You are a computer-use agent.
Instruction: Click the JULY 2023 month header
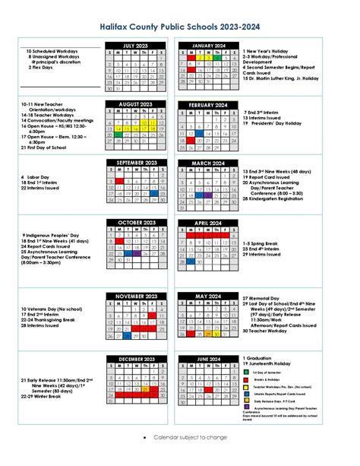(137, 46)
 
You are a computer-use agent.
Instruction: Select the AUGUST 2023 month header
(137, 104)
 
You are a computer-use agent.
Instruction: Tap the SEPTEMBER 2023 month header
(137, 163)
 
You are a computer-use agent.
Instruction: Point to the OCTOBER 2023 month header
(137, 222)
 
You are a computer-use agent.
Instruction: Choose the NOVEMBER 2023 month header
(137, 296)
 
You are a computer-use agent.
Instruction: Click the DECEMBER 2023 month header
(137, 358)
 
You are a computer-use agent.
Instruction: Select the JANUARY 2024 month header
(207, 46)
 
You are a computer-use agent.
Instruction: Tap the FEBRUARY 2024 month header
(207, 104)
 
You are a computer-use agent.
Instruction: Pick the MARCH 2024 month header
(207, 163)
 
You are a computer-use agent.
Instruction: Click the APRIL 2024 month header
(207, 222)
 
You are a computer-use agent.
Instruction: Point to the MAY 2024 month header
(207, 296)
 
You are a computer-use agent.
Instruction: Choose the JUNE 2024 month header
(207, 358)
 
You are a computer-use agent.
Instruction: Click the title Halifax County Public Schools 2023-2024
(179, 25)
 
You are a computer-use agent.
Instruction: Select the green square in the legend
(245, 372)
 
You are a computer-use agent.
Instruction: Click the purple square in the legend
(245, 407)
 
